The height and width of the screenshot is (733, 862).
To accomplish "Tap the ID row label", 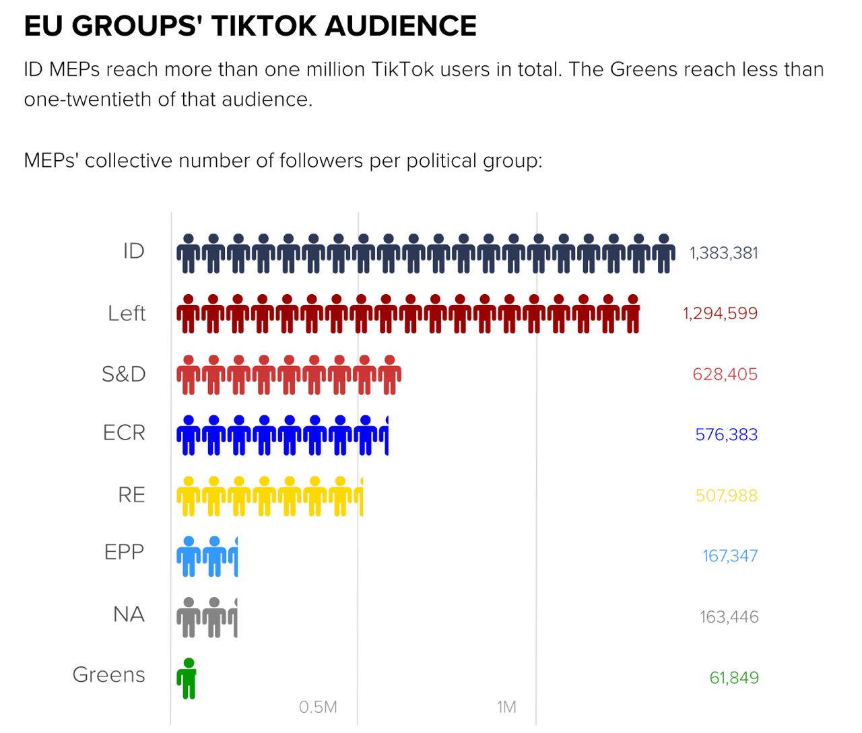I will [x=133, y=251].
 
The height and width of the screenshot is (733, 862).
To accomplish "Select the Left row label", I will [x=127, y=313].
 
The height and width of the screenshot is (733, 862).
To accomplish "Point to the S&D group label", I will [x=123, y=374].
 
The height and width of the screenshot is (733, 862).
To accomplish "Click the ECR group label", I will [x=124, y=432].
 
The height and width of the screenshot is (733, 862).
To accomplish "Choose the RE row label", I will [x=131, y=495].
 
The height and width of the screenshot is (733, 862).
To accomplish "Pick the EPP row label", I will [x=124, y=552].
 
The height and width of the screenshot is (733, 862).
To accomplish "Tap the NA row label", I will [x=129, y=614].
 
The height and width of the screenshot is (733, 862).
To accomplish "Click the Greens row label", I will [x=108, y=674].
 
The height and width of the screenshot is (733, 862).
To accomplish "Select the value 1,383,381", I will [x=723, y=253].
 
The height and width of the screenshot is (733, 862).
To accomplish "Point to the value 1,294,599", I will [x=720, y=314].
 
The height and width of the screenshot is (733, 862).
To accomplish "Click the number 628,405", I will [x=725, y=374].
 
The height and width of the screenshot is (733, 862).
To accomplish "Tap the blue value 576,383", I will [x=726, y=435].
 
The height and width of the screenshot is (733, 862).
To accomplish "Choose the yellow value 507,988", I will [x=726, y=496].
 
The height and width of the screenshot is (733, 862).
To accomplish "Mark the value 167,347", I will [x=730, y=556].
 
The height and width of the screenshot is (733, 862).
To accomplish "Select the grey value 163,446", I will [x=729, y=617].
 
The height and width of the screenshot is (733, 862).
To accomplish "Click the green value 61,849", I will [x=733, y=678].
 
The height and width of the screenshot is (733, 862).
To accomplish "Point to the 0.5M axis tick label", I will [x=318, y=707].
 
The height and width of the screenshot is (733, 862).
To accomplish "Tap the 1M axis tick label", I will [x=506, y=707].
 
